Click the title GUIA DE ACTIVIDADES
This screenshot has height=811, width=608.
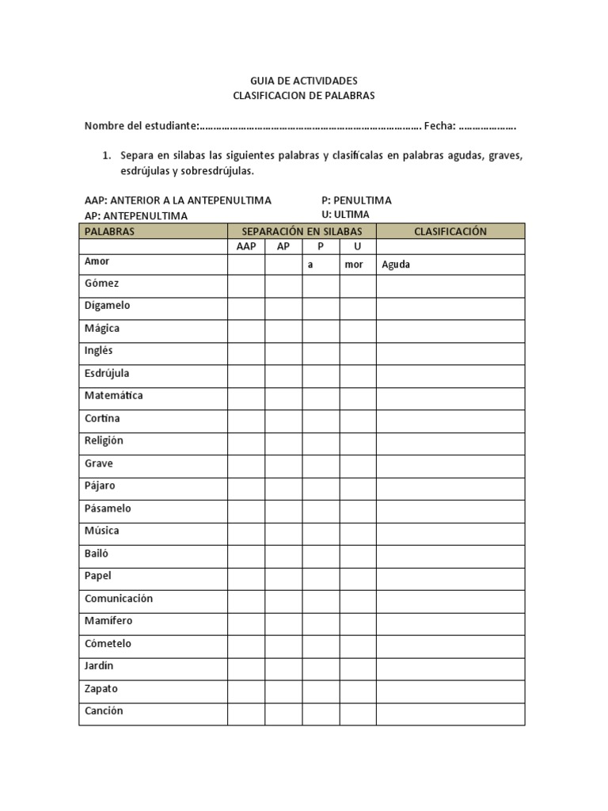tap(304, 81)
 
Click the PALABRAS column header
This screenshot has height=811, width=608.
tap(110, 231)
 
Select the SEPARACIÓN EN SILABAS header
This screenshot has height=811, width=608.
tap(302, 231)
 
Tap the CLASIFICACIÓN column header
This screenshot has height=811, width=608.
tap(450, 231)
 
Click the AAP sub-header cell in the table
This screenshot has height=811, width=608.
tap(246, 246)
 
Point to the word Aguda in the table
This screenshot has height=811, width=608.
tap(396, 265)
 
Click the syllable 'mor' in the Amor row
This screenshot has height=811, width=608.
tap(354, 265)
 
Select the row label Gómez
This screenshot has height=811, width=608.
tap(101, 283)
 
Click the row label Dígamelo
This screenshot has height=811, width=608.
tap(108, 306)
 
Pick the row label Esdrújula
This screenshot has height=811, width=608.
tap(107, 373)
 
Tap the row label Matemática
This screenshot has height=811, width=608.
tap(114, 395)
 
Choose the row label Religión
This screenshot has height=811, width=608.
tap(104, 440)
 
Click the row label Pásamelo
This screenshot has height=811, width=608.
tap(108, 508)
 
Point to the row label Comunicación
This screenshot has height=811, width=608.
tap(119, 599)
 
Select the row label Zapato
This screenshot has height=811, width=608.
tap(101, 689)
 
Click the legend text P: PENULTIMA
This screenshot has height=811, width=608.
tap(356, 200)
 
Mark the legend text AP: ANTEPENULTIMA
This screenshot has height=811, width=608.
tap(136, 215)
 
